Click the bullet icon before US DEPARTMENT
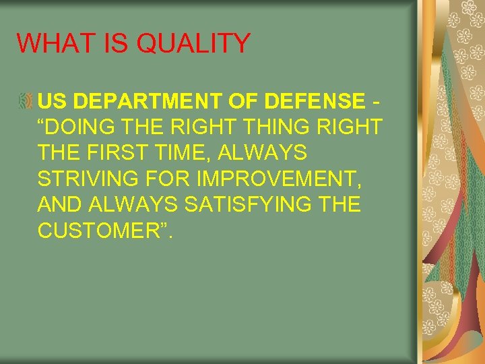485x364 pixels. click(26, 102)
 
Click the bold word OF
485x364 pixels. click(248, 102)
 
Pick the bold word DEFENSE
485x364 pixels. click(315, 102)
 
